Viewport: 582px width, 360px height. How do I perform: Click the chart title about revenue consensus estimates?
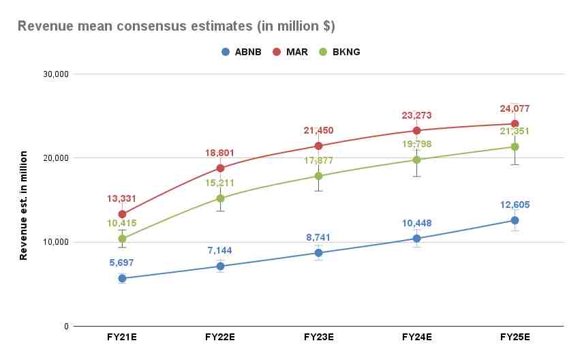pos(175,26)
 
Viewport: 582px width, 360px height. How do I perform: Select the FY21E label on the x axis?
pos(122,337)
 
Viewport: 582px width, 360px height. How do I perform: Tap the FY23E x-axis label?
pos(318,337)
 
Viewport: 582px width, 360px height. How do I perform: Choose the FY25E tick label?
pos(515,337)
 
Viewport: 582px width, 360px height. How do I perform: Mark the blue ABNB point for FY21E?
pos(122,278)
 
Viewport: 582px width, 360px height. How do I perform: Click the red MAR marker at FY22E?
pos(220,168)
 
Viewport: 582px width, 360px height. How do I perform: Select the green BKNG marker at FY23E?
pos(318,176)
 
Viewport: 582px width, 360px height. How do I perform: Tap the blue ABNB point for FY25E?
pos(515,220)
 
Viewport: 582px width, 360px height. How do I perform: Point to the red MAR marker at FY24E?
pos(416,130)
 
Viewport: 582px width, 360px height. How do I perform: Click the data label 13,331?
pos(122,199)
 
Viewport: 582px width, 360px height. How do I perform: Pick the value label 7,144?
pos(220,251)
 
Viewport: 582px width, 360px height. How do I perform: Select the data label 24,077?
pos(515,108)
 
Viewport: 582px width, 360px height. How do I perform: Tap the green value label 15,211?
pos(220,183)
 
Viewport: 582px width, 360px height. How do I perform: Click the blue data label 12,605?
pos(515,205)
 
